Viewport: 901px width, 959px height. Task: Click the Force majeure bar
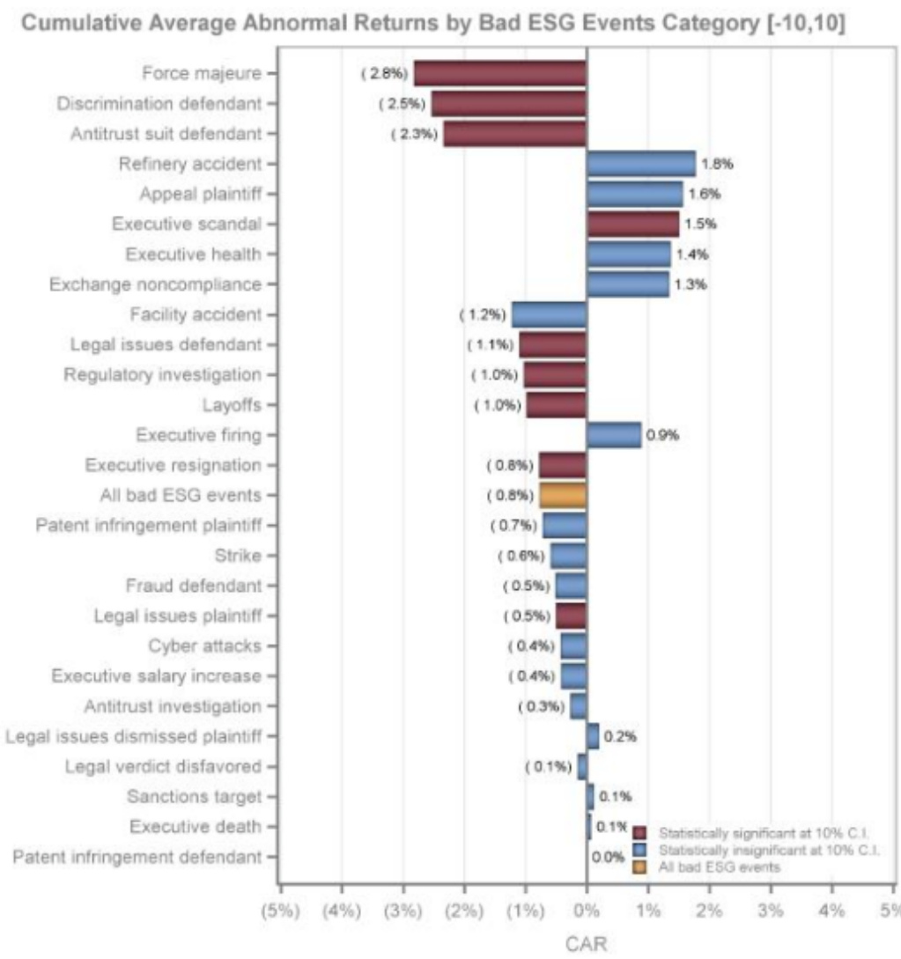click(x=499, y=73)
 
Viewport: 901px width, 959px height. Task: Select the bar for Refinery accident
click(x=640, y=164)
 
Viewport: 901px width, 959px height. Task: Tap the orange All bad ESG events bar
click(x=563, y=495)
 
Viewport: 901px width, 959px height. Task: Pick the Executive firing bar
click(x=614, y=435)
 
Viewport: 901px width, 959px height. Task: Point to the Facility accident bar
click(x=549, y=314)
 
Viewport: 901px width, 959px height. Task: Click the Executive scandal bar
click(x=632, y=224)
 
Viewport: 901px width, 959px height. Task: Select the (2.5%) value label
click(x=401, y=104)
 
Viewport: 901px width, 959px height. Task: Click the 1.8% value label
click(x=717, y=164)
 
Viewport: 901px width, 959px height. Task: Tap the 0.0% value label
click(x=608, y=856)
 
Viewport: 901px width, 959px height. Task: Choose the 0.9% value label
click(x=662, y=435)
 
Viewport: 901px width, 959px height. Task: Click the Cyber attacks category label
click(x=204, y=645)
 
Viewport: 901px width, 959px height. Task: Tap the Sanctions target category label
click(x=194, y=796)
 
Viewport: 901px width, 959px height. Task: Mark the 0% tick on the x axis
click(x=586, y=911)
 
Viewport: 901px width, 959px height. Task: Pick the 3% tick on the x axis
click(x=771, y=911)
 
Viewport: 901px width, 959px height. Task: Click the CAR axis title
click(x=585, y=943)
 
